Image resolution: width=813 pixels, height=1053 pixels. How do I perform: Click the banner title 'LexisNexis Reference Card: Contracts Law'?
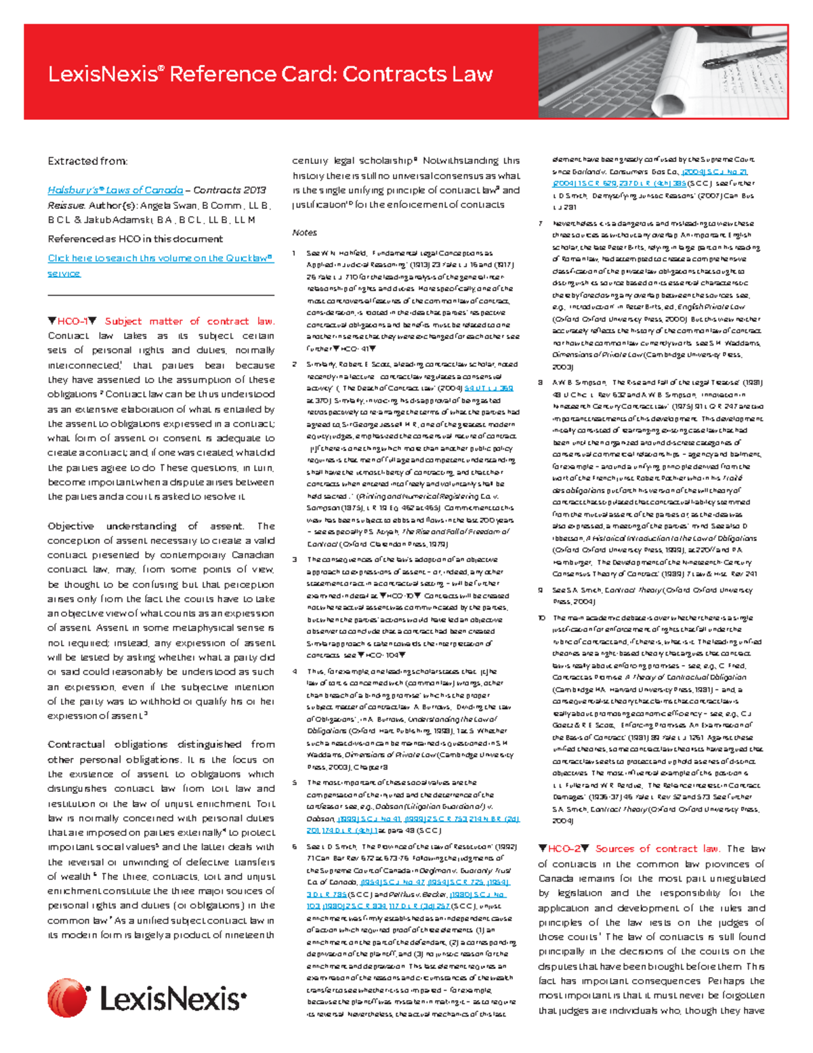point(270,74)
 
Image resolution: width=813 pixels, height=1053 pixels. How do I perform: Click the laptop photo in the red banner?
point(663,71)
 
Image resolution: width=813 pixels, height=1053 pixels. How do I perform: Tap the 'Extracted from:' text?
point(87,161)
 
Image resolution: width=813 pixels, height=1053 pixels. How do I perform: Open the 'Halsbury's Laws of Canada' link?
point(115,191)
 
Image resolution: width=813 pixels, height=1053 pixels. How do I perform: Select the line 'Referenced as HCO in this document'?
point(135,239)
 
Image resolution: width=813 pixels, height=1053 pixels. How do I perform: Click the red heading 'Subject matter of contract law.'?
point(189,321)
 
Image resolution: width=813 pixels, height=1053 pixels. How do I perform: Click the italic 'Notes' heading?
point(304,233)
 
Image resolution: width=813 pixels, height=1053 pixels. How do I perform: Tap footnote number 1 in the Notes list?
point(295,253)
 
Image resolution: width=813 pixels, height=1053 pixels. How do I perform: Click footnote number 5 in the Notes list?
point(295,782)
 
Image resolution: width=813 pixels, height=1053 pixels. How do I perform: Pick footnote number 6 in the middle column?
point(295,847)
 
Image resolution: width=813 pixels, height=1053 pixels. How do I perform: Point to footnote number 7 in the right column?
point(540,224)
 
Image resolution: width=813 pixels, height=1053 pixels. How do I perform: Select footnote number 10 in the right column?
point(541,618)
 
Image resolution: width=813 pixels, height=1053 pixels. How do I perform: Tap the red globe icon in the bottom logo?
point(67,998)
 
